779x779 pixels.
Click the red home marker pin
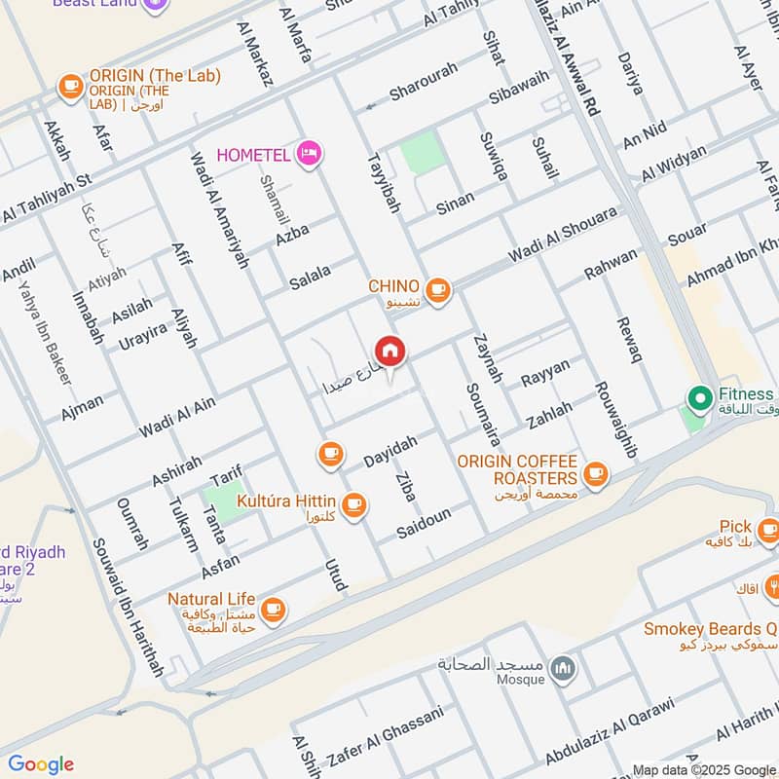389,351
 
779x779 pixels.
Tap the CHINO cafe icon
438,288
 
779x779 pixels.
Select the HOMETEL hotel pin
310,153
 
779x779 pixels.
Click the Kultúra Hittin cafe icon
354,502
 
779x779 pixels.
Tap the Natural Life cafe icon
274,608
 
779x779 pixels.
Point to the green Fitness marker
698,397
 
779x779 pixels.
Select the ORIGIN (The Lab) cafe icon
70,86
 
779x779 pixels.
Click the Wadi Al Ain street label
177,417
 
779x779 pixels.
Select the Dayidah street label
389,450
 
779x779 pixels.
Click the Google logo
41,764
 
